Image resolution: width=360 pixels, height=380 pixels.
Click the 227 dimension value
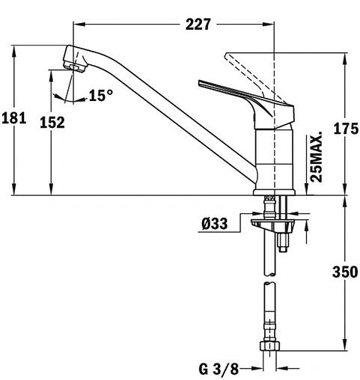click(197, 24)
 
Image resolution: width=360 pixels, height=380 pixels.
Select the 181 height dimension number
click(15, 118)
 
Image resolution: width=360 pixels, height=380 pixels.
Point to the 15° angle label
click(100, 95)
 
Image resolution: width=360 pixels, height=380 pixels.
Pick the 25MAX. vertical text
click(317, 158)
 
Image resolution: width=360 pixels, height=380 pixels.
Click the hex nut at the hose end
click(269, 348)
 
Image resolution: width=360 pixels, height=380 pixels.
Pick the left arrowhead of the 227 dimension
click(77, 24)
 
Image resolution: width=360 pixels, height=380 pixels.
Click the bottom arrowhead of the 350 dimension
click(344, 345)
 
